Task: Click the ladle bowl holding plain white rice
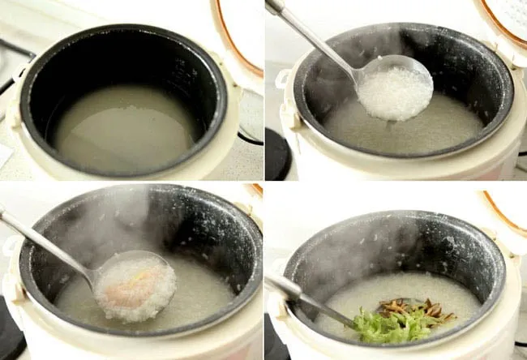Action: (395, 92)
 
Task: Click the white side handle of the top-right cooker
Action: (283, 79)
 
